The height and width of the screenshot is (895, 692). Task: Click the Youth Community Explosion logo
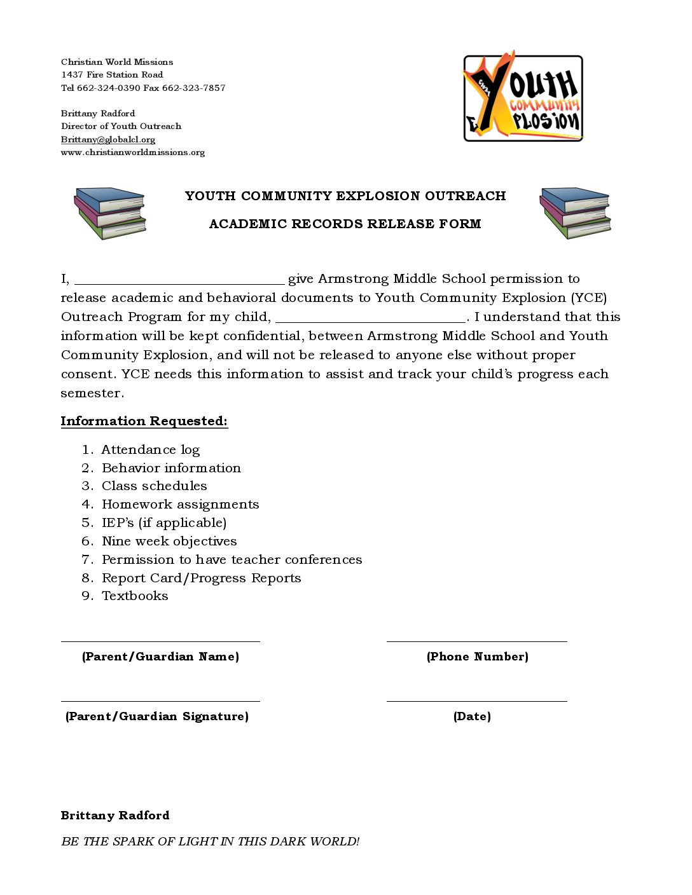click(x=523, y=97)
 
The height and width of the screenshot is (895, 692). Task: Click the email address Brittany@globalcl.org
click(x=108, y=139)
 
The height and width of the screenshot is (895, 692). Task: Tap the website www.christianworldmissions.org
click(x=133, y=153)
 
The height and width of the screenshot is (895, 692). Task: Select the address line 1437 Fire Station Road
click(x=112, y=75)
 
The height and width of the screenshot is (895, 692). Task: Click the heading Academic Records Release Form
click(x=345, y=224)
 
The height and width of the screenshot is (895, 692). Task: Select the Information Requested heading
click(x=144, y=421)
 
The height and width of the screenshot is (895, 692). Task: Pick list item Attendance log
click(x=151, y=450)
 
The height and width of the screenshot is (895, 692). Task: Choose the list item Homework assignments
click(x=181, y=505)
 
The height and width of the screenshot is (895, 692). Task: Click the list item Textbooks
click(x=135, y=596)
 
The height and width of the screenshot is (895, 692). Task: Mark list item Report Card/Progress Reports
click(x=201, y=578)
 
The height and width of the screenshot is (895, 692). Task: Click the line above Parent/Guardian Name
click(x=160, y=641)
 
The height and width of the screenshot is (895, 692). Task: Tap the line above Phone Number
click(x=477, y=641)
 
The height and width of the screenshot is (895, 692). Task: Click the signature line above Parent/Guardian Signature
click(x=160, y=700)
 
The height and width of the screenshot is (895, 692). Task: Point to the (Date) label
click(x=472, y=716)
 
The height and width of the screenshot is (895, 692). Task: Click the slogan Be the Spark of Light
click(x=211, y=842)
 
